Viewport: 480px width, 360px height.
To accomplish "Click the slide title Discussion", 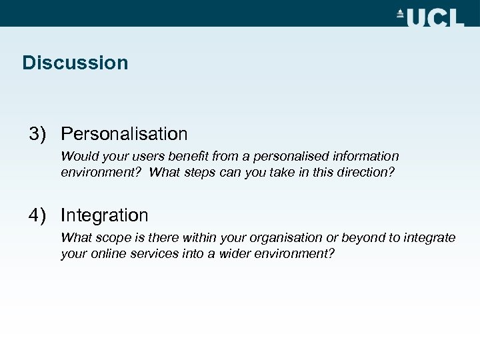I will point(75,63).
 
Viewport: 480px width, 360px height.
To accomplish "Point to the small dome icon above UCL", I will point(400,13).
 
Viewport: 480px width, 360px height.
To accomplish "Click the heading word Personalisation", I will point(124,134).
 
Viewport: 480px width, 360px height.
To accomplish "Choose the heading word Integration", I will point(104,215).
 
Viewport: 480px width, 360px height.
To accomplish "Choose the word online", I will point(105,253).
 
